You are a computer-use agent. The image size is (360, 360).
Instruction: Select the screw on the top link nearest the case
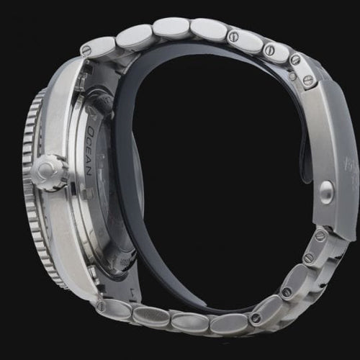(87, 50)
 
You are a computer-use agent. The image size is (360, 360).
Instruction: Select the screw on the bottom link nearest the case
(100, 306)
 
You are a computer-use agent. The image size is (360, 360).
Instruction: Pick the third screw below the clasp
(287, 292)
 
